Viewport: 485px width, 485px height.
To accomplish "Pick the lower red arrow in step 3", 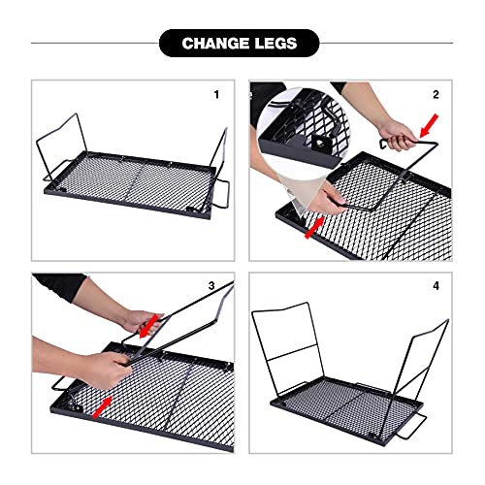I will (105, 401).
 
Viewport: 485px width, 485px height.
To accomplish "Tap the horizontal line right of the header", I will (388, 43).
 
